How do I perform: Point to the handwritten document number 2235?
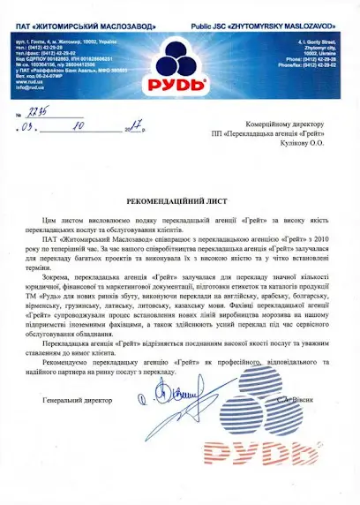point(37,114)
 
